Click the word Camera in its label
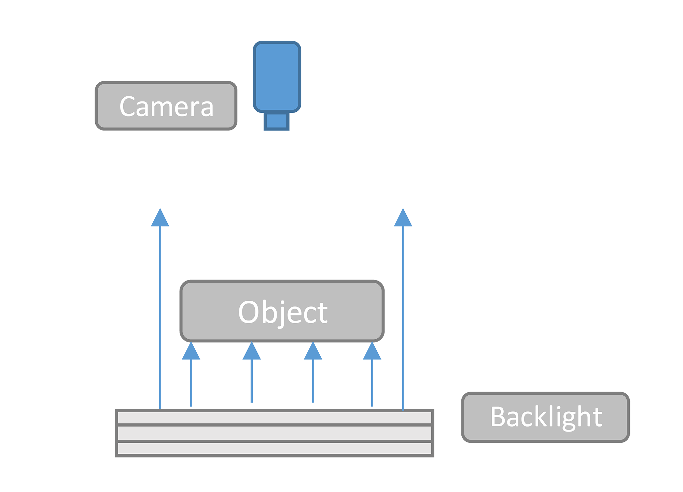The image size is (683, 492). (x=166, y=107)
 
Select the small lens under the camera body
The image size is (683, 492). (x=276, y=121)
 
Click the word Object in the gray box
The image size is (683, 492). (x=283, y=312)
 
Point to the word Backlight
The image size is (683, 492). (x=546, y=417)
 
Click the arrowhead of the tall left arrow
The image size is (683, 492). (x=160, y=218)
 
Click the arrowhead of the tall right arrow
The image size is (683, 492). (x=403, y=218)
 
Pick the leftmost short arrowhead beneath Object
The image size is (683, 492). (x=191, y=351)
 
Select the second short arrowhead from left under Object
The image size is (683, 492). (x=252, y=351)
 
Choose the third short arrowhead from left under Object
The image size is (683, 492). (x=313, y=351)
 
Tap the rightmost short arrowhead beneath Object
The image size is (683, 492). (x=372, y=351)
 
